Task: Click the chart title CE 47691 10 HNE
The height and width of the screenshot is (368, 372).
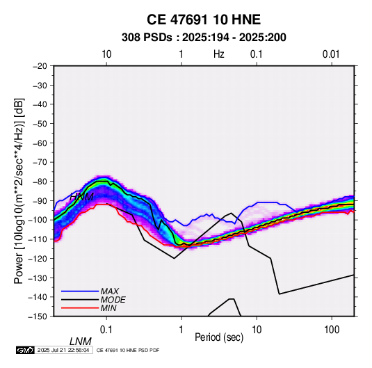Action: coord(204,19)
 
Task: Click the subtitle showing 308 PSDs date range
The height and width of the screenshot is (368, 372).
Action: coord(204,38)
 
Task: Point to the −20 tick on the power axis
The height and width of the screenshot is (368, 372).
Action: coord(40,66)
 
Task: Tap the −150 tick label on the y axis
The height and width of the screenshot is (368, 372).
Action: coord(38,317)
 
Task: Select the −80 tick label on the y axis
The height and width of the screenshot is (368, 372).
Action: coord(40,182)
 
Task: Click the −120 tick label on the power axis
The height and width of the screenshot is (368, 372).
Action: coord(38,258)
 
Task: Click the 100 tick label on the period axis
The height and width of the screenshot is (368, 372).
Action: coord(332,330)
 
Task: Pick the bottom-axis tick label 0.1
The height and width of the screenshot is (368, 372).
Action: coord(106,330)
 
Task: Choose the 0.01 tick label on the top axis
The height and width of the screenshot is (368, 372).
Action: coord(331,54)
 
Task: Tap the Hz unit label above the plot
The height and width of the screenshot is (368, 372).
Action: coord(219,54)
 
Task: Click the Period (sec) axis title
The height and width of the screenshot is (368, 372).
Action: coord(219,337)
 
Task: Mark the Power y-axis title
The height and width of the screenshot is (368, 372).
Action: coord(19,191)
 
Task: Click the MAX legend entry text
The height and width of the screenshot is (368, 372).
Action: coord(109,291)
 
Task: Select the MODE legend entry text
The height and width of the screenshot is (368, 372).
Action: coord(113,300)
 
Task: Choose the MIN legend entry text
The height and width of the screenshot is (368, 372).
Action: coord(108,308)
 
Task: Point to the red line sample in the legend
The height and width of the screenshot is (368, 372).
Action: coord(80,308)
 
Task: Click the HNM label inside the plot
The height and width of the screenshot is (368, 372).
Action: coord(81,197)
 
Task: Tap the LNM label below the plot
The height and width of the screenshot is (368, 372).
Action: coord(81,342)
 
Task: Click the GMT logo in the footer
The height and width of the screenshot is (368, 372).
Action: coord(26,350)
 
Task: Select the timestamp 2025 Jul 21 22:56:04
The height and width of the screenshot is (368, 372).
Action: coord(63,350)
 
